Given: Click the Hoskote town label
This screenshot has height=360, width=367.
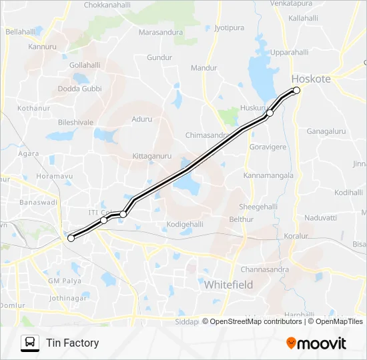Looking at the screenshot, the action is click(x=311, y=79).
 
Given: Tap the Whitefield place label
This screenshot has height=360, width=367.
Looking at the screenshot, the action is click(x=228, y=285).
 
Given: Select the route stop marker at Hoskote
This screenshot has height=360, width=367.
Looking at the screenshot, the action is click(x=297, y=91).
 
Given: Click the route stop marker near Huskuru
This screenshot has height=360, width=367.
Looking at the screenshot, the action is click(x=270, y=113).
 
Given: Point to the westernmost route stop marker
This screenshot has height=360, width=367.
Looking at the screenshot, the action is click(x=71, y=238).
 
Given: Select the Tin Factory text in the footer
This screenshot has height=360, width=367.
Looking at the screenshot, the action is click(x=72, y=343).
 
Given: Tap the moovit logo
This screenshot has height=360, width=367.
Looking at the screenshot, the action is click(x=316, y=343).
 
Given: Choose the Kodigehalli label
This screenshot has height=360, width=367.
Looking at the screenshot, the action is click(x=185, y=224).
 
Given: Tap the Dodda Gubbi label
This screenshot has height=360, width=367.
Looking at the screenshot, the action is click(x=79, y=89).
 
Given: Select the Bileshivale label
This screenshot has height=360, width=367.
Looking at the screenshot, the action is click(x=75, y=123).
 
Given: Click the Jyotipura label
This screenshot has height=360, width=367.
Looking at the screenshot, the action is click(x=230, y=27).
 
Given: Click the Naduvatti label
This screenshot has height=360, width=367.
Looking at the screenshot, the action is click(x=320, y=217).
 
